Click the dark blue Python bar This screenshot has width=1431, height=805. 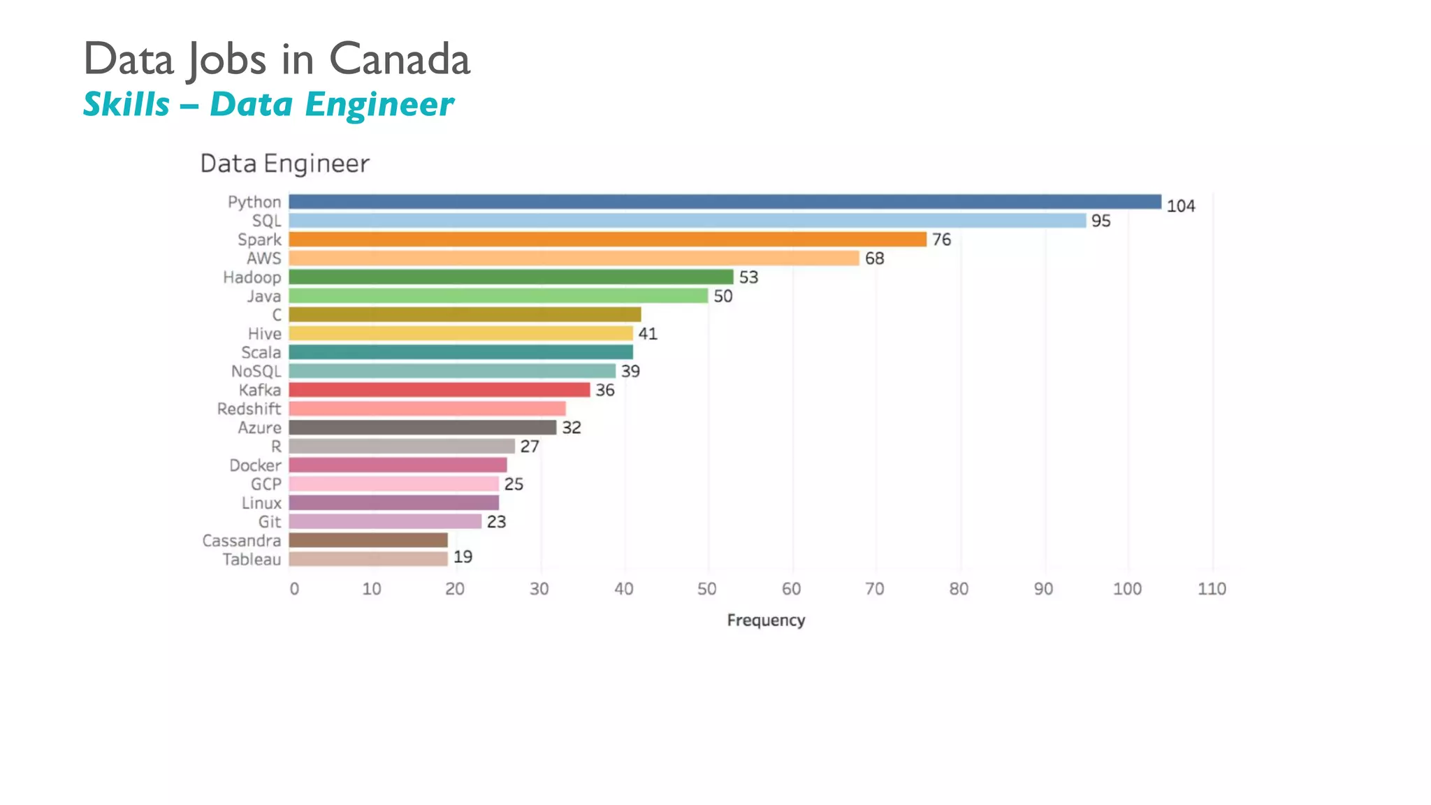coord(725,202)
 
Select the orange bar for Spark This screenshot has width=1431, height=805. coord(607,240)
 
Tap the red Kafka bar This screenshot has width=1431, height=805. coord(439,390)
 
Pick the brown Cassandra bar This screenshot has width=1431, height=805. coord(368,540)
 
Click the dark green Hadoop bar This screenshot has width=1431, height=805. coord(511,277)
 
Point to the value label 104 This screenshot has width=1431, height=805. coord(1180,206)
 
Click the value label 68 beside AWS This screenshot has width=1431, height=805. coord(874,259)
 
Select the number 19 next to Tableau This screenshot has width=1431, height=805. coord(463,557)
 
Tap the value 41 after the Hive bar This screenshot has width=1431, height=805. coord(648,334)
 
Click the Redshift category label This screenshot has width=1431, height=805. coord(249,409)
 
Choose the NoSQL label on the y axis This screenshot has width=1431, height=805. coord(256,371)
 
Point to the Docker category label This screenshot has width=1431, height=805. coord(255,465)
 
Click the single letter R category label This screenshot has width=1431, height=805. coord(276,447)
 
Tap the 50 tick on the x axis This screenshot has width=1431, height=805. coord(707,589)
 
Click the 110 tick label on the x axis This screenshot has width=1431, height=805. coord(1212,589)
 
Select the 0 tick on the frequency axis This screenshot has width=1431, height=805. coord(294,589)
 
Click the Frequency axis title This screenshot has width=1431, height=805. coord(766,621)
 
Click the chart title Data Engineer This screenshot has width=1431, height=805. coord(284,164)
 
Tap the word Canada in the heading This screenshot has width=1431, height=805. coord(400,59)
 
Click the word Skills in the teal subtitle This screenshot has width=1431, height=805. coord(126,105)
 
